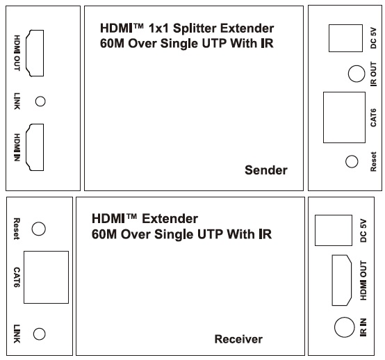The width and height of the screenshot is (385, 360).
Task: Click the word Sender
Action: (x=266, y=170)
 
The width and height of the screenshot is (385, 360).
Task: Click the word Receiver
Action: (x=238, y=339)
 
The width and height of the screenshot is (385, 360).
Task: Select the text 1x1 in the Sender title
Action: (x=158, y=28)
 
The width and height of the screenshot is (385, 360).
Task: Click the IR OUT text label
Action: (x=373, y=74)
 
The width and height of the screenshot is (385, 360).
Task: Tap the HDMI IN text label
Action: (x=17, y=147)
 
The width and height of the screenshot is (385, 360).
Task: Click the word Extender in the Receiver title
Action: (x=170, y=218)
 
